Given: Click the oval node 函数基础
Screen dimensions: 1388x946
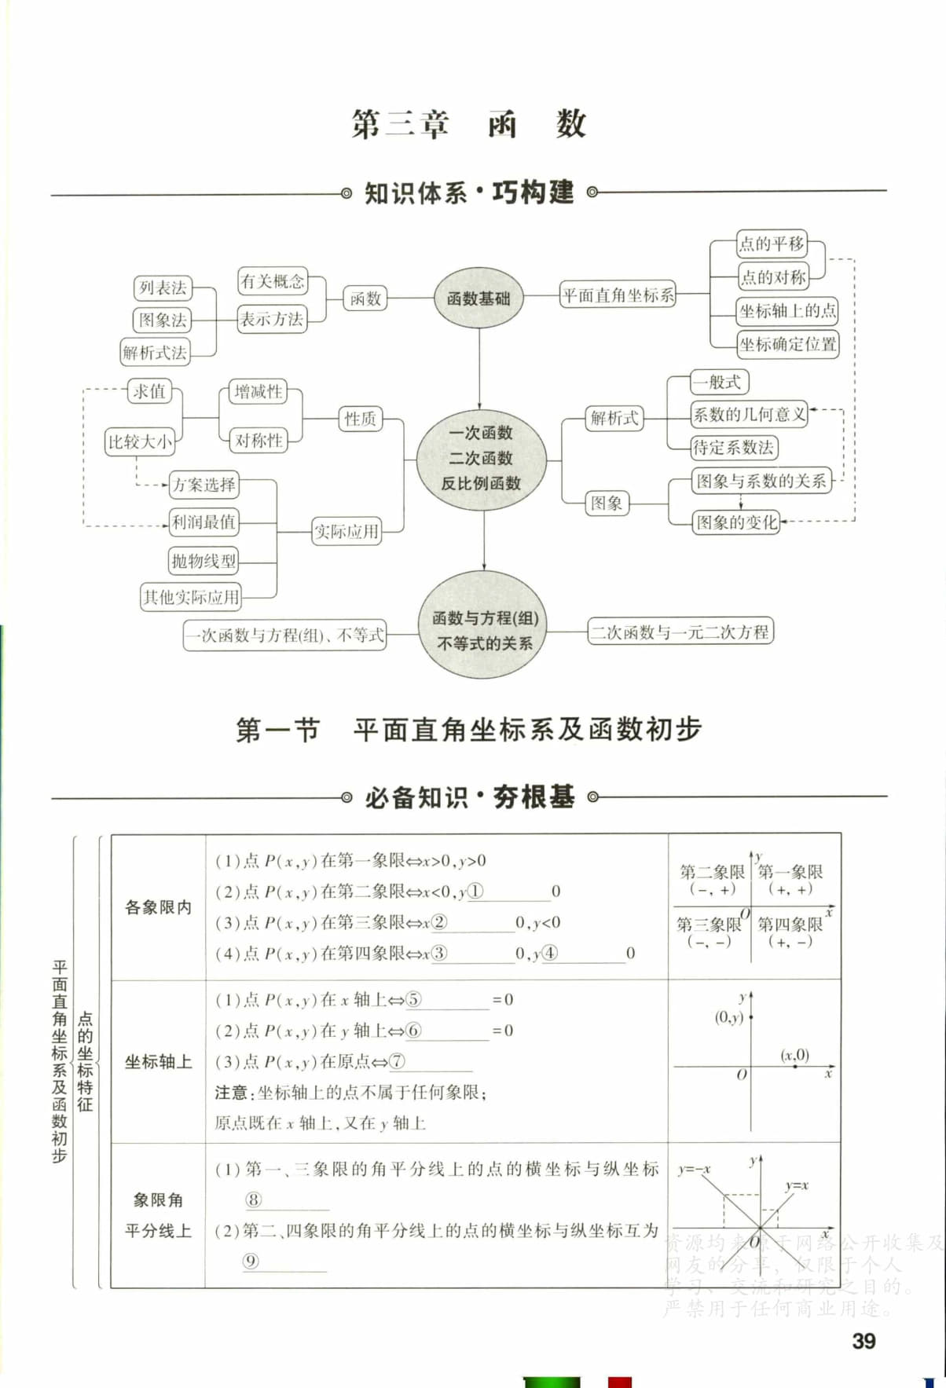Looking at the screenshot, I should pos(478,298).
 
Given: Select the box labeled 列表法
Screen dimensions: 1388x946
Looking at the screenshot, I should pos(163,288).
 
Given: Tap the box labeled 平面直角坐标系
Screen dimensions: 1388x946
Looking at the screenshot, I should pos(618,295).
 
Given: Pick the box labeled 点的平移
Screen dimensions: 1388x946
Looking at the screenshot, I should pos(772,244).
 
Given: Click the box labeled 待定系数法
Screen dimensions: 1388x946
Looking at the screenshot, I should pos(733,448).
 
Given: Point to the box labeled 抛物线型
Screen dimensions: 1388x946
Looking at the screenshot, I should pos(203,560).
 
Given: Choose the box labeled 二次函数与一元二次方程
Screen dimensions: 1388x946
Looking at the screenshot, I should pos(680,632).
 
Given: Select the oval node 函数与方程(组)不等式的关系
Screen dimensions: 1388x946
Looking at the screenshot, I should pos(484,630).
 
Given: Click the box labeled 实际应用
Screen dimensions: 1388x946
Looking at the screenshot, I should pos(346,532).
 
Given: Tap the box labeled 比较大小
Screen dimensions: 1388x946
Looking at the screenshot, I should pos(140,441).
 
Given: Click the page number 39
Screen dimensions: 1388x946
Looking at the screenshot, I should pos(863,1341).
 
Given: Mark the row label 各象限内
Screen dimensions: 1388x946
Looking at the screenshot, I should pos(158,907).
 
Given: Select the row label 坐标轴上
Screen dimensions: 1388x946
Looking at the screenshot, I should pos(158,1062).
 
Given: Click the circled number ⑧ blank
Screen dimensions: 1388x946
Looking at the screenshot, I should pos(253,1199).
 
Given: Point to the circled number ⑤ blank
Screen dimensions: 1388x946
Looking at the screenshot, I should pos(413,1000).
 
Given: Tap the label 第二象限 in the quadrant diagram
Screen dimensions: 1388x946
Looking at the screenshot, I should pos(711,871).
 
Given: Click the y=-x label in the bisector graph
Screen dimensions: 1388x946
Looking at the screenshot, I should pos(694,1169).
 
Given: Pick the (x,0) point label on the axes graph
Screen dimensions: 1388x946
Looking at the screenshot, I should pos(794,1055).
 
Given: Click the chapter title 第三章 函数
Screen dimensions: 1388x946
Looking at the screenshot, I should pos(469,124).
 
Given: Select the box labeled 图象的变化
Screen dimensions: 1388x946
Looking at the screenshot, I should pos(736,522).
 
